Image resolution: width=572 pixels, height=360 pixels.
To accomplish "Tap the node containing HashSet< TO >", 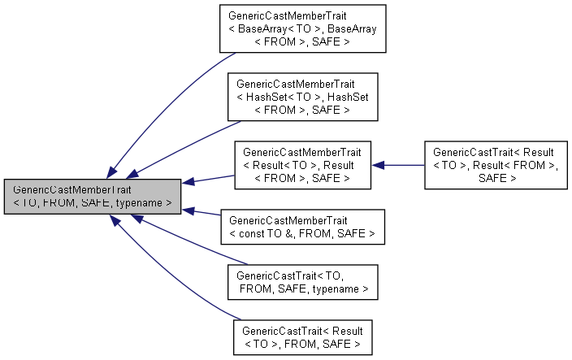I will coord(303,96).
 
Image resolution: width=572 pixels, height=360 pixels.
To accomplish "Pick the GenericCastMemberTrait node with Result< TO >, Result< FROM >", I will coord(303,165).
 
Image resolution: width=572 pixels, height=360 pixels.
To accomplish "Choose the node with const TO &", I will coord(303,227).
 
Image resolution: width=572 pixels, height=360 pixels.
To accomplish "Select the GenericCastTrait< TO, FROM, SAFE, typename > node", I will coord(303,281).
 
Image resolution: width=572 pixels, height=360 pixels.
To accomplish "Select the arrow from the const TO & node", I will coord(203,213).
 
